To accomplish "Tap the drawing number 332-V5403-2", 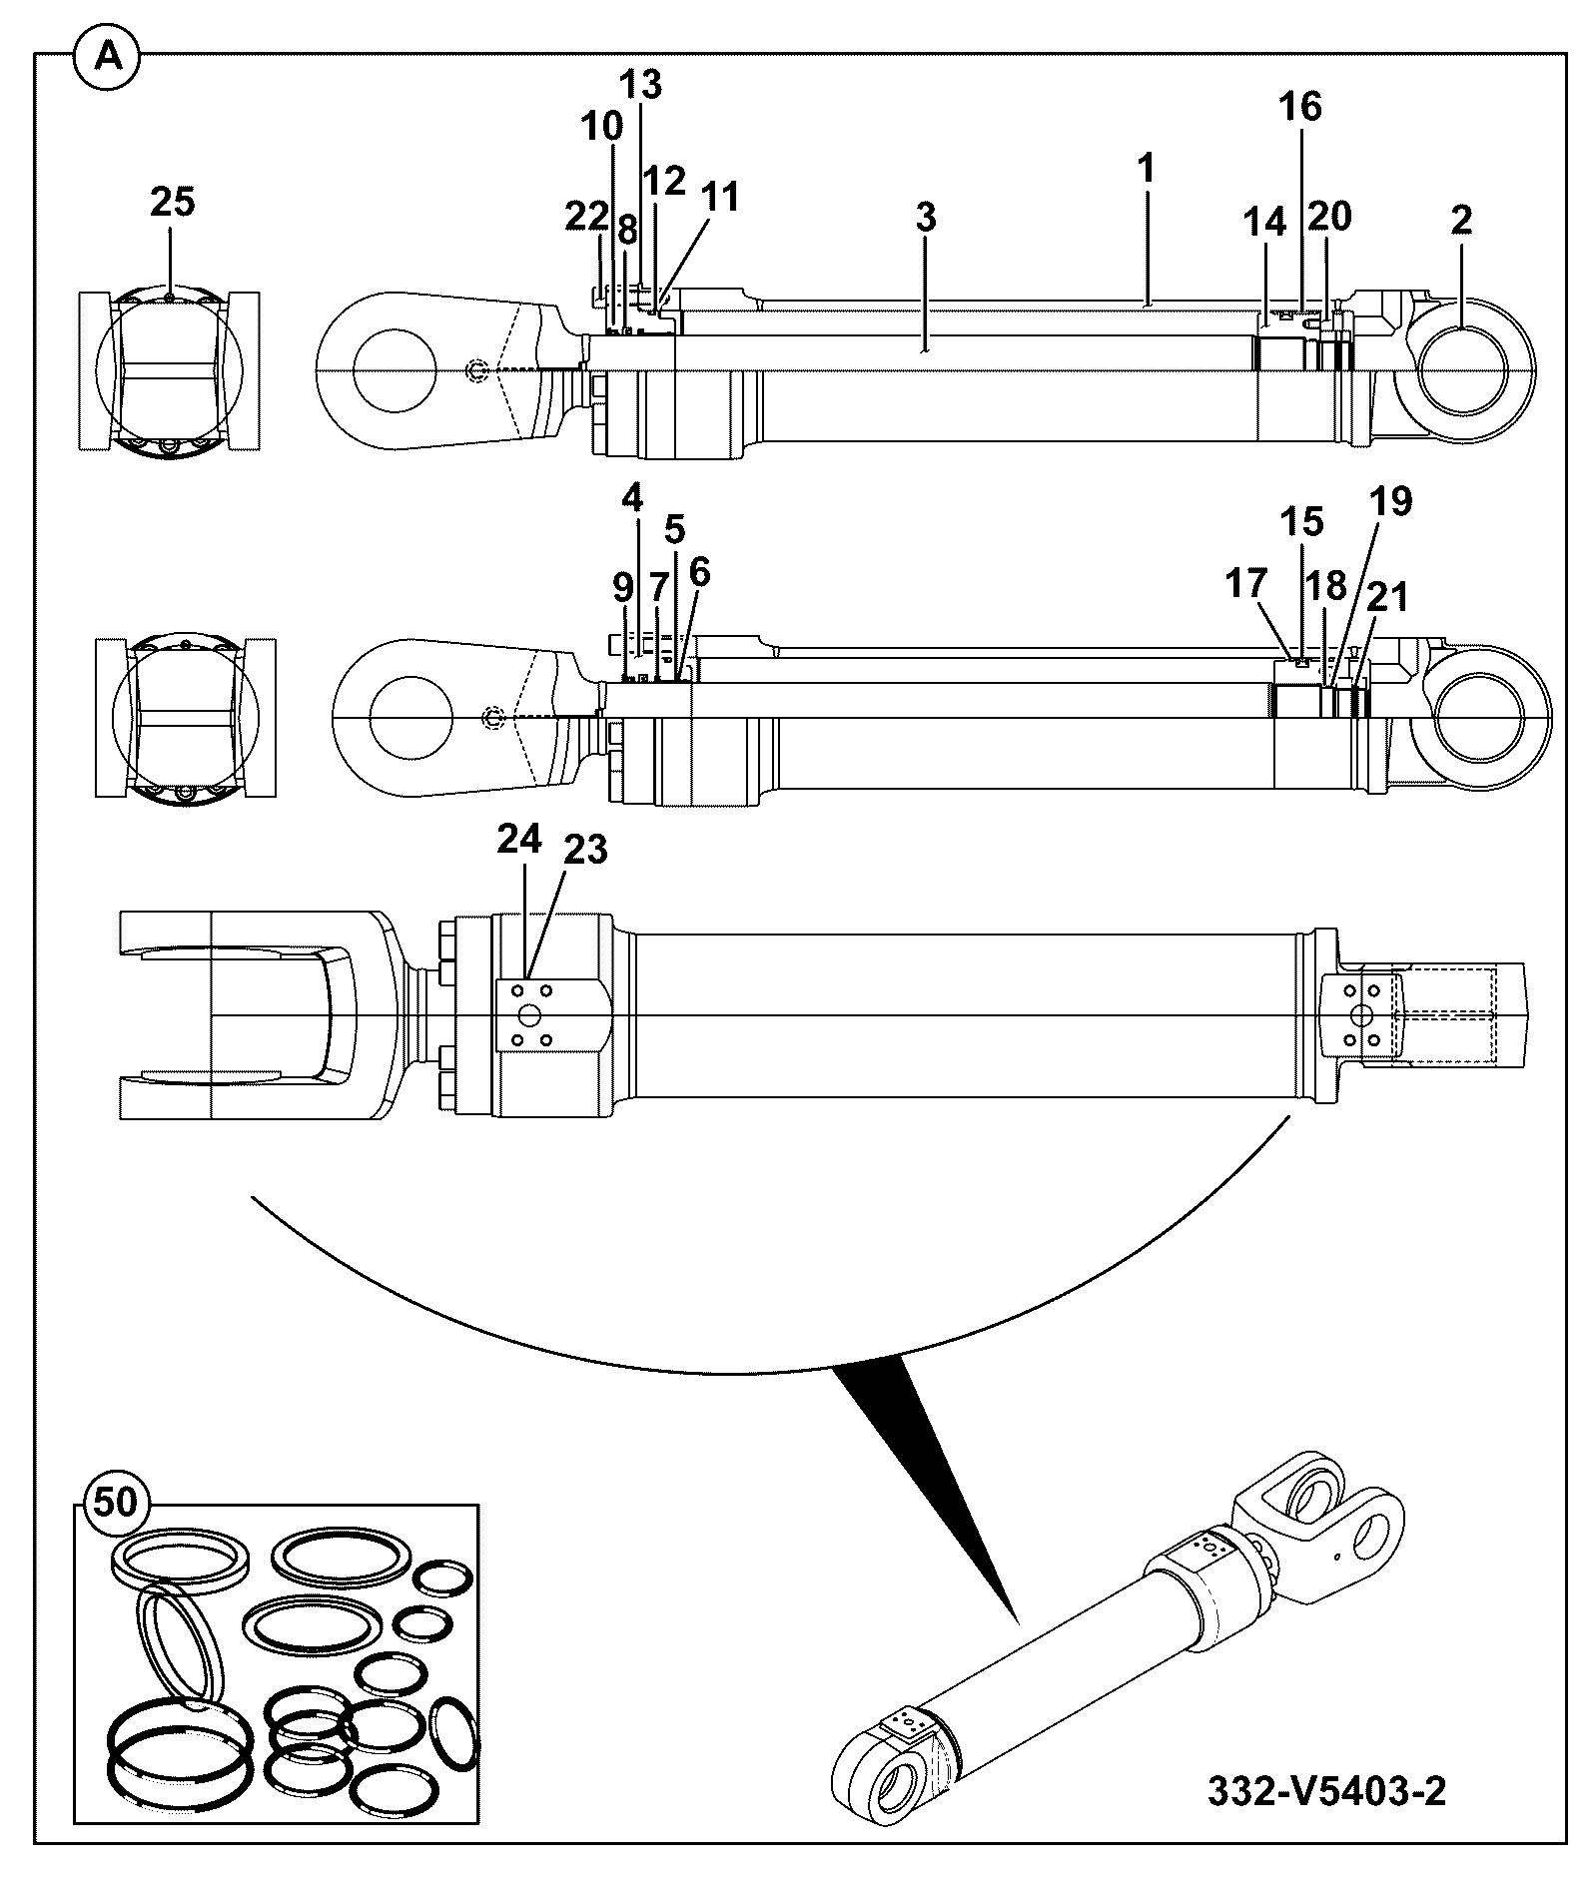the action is pos(1326,1791).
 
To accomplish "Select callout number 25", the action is pos(173,202).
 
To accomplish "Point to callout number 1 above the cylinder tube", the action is pos(1146,168).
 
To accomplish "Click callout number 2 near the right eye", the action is pos(1460,220).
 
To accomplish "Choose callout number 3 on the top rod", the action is pos(926,217).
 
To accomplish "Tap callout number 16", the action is pos(1300,106).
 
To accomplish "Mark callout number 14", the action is pos(1264,222).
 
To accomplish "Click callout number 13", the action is pos(640,85).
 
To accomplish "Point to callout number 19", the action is pos(1391,501).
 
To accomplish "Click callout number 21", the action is pos(1386,597).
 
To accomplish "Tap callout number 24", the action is pos(519,840).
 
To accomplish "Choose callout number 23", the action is pos(585,850).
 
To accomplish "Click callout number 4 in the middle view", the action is pos(632,496).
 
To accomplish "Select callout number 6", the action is pos(698,572).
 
